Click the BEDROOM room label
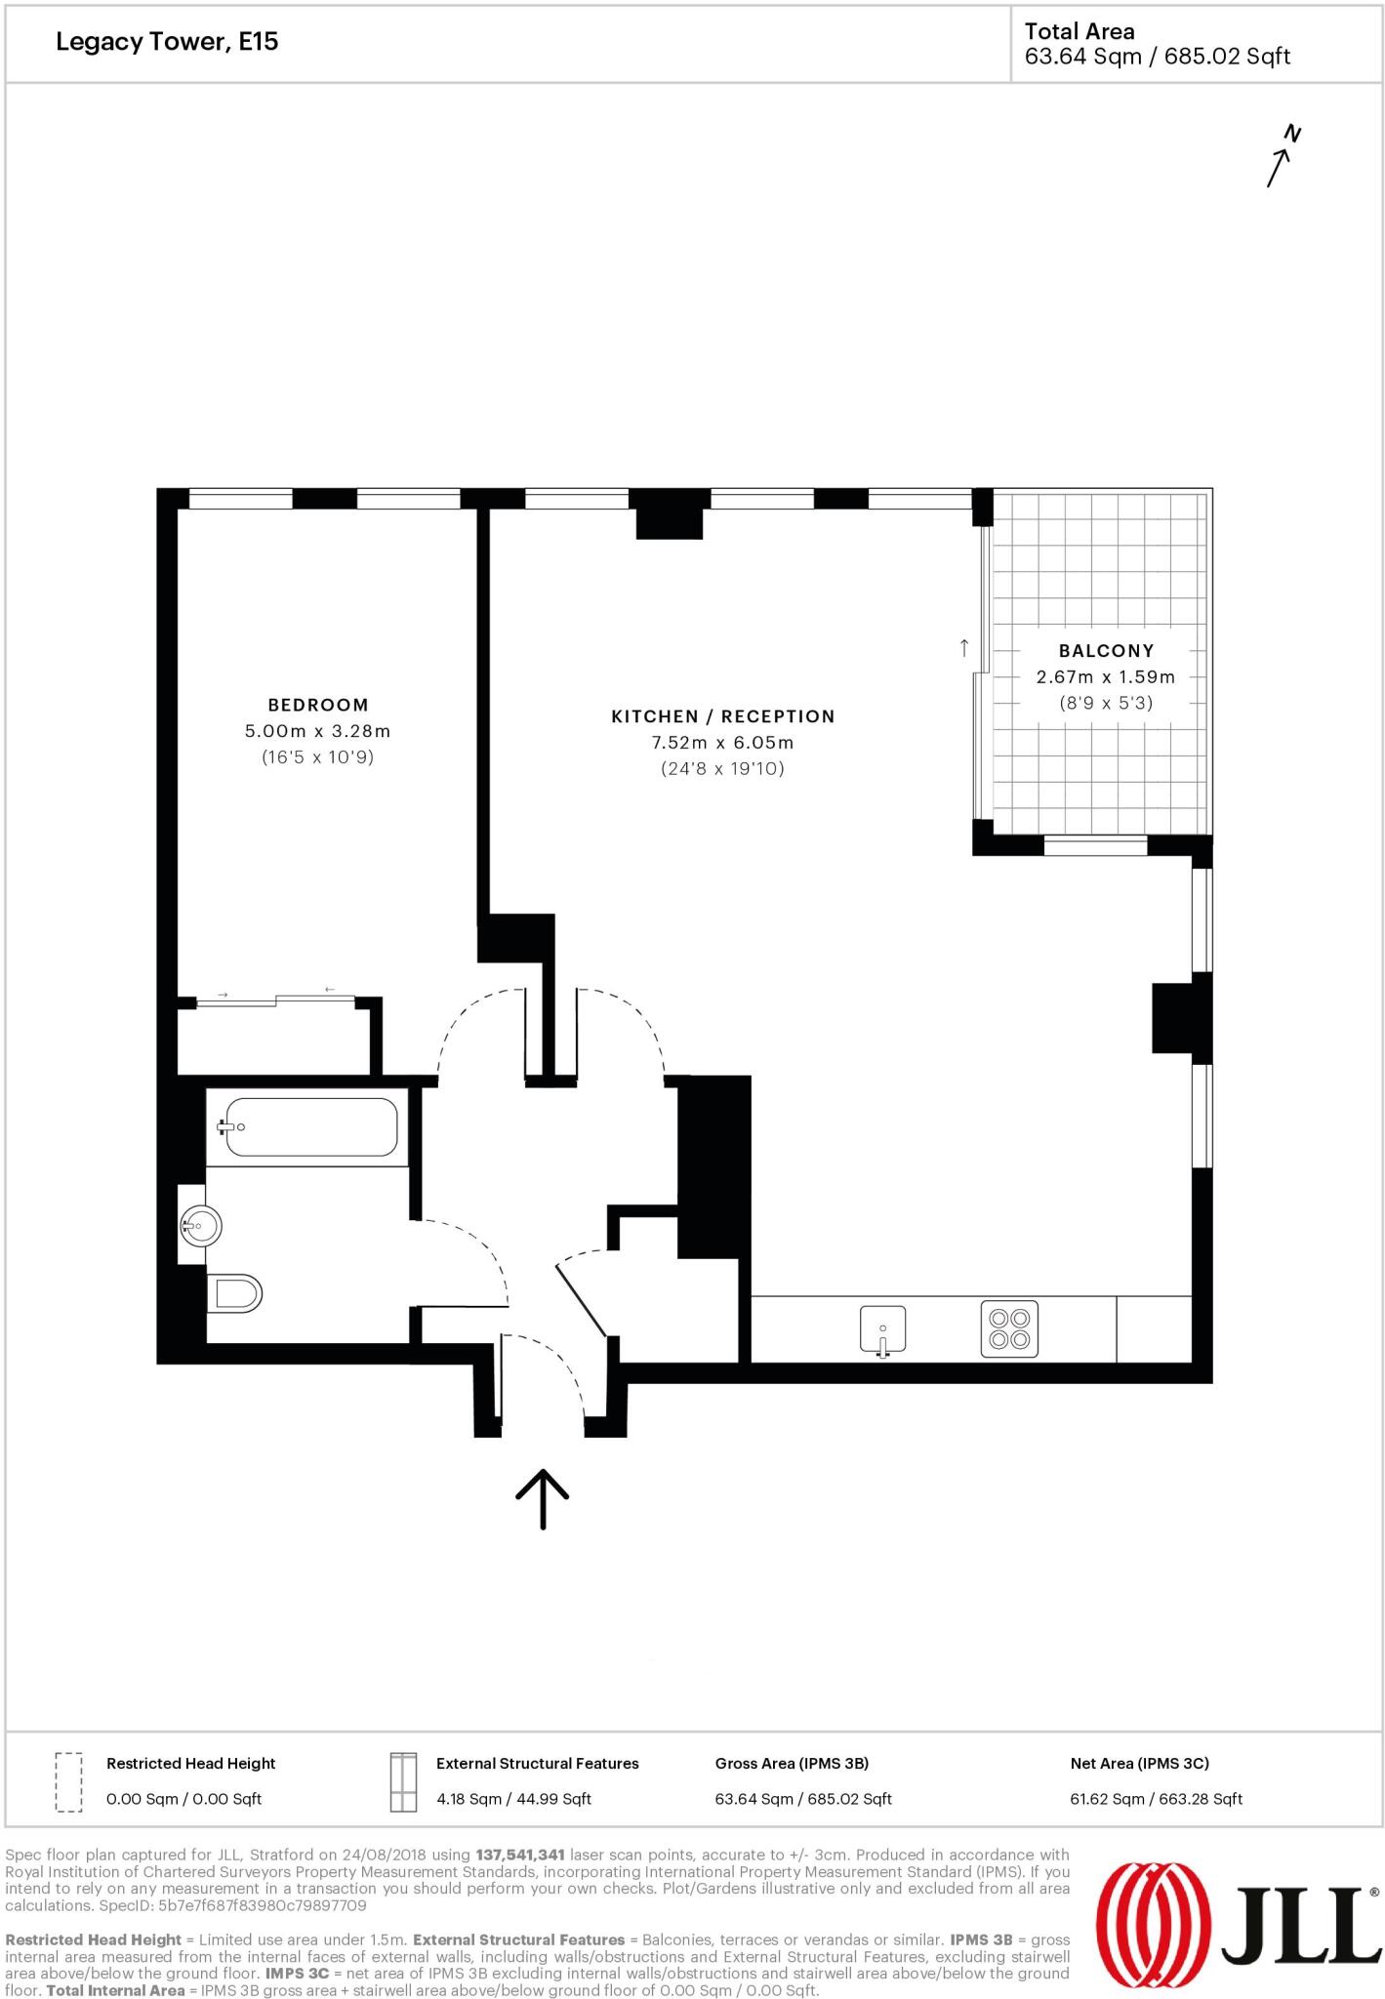pos(318,705)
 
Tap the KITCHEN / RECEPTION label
pos(722,716)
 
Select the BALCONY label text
pos(1106,651)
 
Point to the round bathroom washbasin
pos(201,1225)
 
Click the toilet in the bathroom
pos(235,1294)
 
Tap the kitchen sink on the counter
pos(882,1329)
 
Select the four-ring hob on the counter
pos(1009,1329)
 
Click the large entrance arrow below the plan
pos(542,1498)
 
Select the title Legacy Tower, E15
pos(167,42)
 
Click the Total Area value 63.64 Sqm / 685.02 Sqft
pos(1157,57)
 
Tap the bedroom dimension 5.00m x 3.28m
pos(317,731)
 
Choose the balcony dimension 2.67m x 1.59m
pos(1105,677)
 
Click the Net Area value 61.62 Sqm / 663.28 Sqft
pos(1156,1799)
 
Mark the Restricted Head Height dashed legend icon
pos(68,1781)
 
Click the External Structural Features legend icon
pos(402,1781)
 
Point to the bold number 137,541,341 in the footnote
pos(520,1855)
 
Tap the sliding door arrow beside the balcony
pos(964,647)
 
